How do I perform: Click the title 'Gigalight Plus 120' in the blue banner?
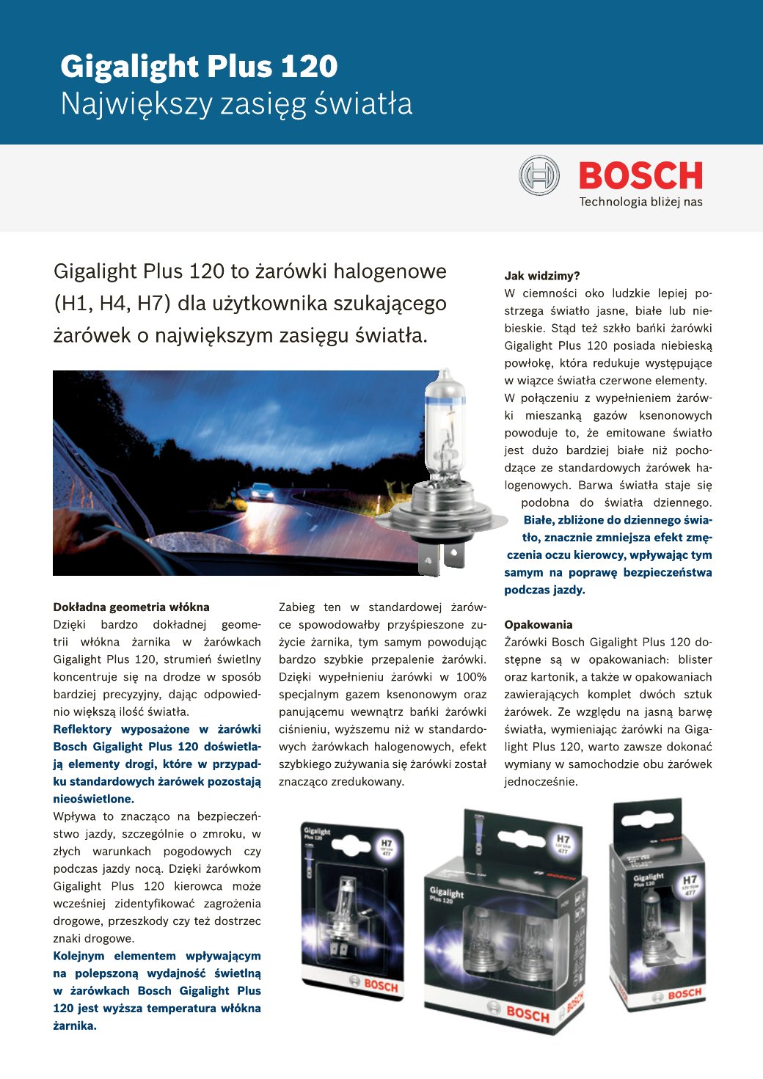pos(199,67)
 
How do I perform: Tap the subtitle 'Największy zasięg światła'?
pos(236,104)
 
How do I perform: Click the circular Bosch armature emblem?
pos(539,176)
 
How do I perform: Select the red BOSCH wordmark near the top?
pos(640,176)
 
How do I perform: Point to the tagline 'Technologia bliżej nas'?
pos(640,202)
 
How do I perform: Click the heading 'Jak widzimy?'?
pos(541,276)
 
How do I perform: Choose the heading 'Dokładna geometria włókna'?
pos(131,607)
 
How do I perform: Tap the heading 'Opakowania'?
pos(538,625)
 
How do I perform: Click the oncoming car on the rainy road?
pos(262,491)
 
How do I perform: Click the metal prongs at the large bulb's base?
pos(439,557)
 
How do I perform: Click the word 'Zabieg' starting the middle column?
pos(296,607)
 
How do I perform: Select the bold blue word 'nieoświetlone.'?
pos(93,800)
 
